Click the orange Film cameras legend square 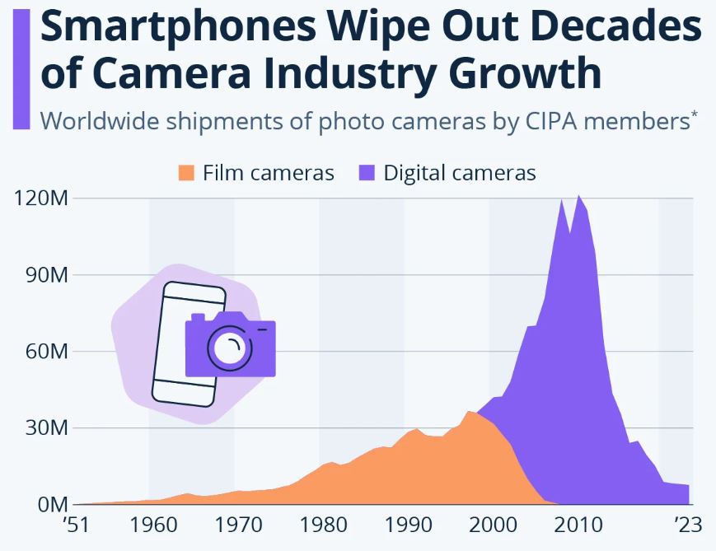tap(186, 173)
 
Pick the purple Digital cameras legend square tap(367, 173)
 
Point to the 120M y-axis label tap(39, 198)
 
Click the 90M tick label tap(44, 275)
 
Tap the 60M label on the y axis tap(44, 352)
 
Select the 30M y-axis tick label tap(44, 428)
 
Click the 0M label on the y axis tap(49, 504)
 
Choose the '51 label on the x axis tap(75, 525)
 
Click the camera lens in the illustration tap(228, 347)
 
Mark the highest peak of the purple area tap(579, 197)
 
